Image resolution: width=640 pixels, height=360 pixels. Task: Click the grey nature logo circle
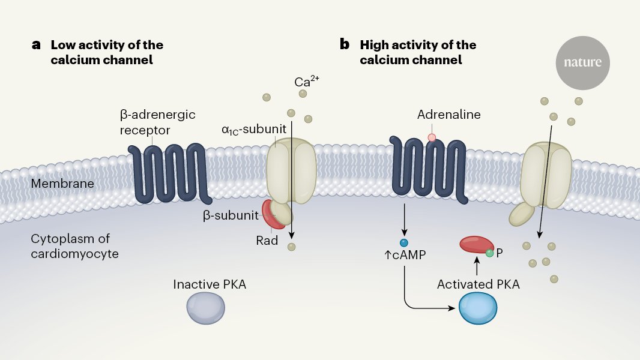click(582, 63)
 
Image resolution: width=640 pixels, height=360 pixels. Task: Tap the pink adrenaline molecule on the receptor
click(432, 138)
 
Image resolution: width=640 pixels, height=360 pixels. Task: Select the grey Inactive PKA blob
click(206, 308)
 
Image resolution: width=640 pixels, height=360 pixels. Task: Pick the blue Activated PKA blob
click(478, 308)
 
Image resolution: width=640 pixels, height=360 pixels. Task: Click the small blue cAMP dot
click(404, 243)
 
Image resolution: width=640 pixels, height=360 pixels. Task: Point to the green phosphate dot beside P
click(489, 253)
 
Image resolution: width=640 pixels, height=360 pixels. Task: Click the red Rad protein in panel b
click(476, 245)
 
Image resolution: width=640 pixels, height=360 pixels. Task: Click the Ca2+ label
click(307, 81)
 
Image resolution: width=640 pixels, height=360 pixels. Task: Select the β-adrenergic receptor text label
click(157, 122)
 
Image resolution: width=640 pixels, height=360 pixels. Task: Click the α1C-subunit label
click(254, 130)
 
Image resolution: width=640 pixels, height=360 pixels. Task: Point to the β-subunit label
click(231, 215)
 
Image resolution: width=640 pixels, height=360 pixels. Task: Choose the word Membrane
click(62, 184)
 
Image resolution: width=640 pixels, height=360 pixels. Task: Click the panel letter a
click(37, 44)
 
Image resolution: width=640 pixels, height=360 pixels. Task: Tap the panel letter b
click(345, 44)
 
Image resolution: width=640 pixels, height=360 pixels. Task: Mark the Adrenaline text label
click(448, 115)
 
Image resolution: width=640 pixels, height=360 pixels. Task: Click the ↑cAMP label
click(405, 255)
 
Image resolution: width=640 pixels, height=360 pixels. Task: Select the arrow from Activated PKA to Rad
click(477, 266)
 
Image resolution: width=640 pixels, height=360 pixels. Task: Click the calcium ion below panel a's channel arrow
click(291, 247)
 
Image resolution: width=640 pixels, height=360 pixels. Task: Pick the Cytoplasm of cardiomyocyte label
click(74, 246)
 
